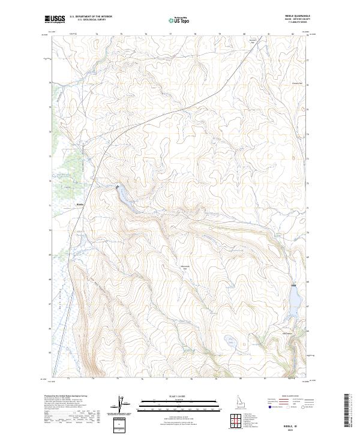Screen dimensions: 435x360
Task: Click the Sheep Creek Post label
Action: [x=287, y=333]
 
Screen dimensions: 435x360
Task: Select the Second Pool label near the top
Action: [x=253, y=42]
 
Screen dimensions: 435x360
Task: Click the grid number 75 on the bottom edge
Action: [x=118, y=379]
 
